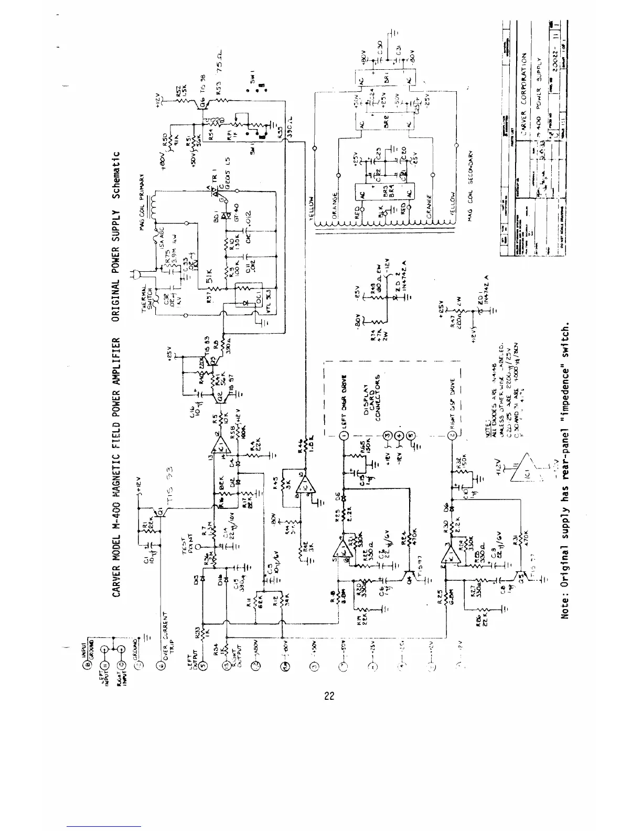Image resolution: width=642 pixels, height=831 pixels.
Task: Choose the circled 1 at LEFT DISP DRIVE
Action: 345,434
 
